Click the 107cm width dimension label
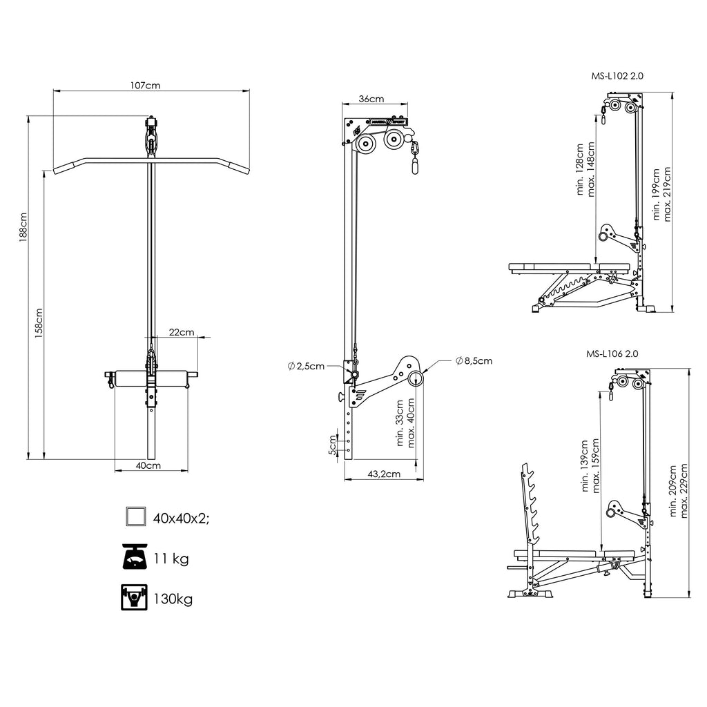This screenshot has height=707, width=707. (145, 85)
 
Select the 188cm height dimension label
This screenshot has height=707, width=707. (23, 227)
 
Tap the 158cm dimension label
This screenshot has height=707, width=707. (39, 323)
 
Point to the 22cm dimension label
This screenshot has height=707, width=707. (182, 332)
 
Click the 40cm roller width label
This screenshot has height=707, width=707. (148, 465)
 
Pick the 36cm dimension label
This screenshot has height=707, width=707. (371, 99)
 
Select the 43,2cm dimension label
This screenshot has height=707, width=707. (384, 474)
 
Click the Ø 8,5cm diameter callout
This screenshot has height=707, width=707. (474, 360)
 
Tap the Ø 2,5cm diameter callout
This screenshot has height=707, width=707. (306, 366)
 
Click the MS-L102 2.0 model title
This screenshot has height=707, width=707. (617, 76)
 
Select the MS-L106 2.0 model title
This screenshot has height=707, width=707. (612, 354)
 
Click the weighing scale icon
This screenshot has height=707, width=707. (135, 557)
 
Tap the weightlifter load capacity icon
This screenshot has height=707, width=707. (134, 597)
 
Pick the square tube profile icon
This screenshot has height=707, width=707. (136, 516)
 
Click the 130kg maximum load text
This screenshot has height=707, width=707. (173, 599)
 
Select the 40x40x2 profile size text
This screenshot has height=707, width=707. (182, 519)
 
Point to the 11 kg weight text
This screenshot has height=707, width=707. (171, 559)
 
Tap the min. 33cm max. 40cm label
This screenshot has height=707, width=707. (405, 423)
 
